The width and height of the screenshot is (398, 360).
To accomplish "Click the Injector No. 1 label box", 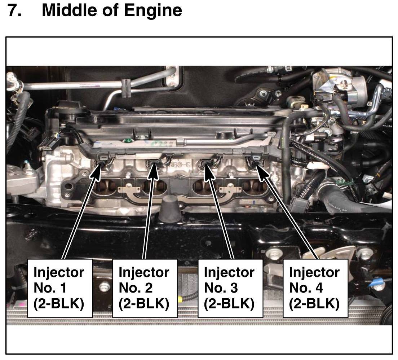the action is pos(60,288).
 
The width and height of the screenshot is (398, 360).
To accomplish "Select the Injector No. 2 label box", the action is pos(145,288).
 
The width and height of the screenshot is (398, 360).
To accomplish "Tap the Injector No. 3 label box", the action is pos(230,288).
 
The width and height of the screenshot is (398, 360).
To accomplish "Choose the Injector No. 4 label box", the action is pos(315,288).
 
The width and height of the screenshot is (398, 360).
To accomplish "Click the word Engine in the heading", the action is pos(153,11).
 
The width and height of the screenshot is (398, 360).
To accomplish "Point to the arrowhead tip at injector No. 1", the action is pos(101,164).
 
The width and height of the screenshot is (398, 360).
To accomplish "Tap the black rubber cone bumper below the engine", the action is pos(170,209).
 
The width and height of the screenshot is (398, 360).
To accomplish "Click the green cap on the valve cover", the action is pos(126,140).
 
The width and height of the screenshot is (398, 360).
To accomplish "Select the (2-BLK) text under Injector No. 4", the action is pos(314,304).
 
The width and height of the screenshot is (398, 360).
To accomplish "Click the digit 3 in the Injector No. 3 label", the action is pos(234,288).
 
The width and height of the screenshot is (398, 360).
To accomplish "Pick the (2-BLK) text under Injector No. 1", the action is pos(59,304).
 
